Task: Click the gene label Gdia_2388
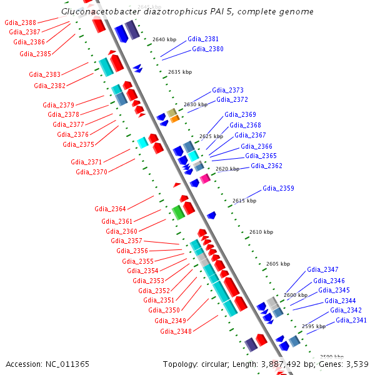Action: (x=20, y=22)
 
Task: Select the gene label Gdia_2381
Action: (x=203, y=39)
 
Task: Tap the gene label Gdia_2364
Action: (x=110, y=209)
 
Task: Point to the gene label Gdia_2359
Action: (x=278, y=188)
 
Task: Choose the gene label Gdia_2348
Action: (x=176, y=331)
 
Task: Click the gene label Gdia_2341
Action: (x=351, y=320)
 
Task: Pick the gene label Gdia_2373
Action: (x=227, y=90)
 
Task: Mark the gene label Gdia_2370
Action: (x=91, y=172)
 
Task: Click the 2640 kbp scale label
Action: (x=164, y=39)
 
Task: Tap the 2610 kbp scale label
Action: (x=261, y=232)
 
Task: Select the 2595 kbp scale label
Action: (x=314, y=326)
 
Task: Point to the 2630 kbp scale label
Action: (x=196, y=104)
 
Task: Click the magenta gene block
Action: (x=205, y=179)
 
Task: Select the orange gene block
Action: (x=175, y=118)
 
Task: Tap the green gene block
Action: (x=178, y=212)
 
